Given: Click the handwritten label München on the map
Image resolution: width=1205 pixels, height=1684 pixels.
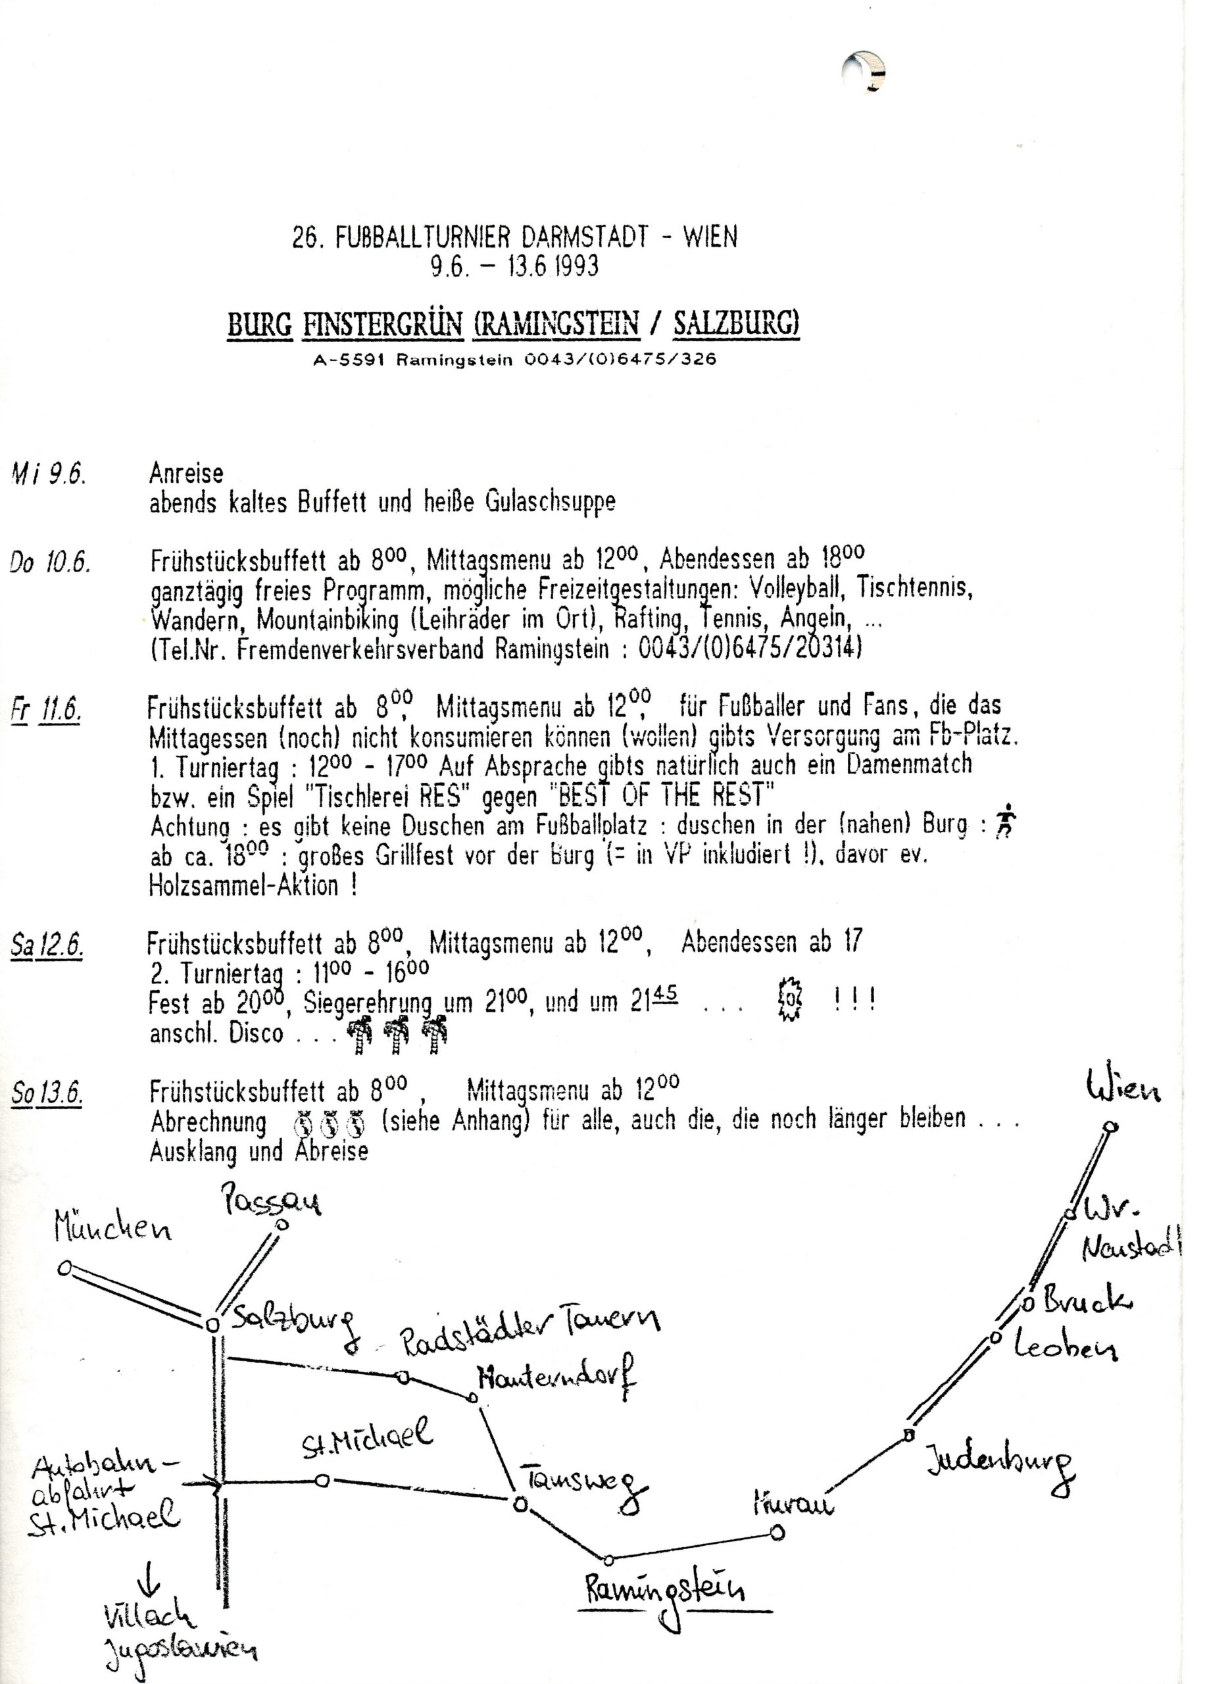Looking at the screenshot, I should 112,1229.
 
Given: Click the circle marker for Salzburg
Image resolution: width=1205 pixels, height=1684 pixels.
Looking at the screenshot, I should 212,1324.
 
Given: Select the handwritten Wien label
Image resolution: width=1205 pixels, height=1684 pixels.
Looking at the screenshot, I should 1123,1089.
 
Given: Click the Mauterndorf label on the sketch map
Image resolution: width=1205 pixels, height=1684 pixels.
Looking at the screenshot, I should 556,1377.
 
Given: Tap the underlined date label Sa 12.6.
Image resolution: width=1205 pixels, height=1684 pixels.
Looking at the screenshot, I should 47,945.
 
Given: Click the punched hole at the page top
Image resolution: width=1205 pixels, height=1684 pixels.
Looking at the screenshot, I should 864,72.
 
